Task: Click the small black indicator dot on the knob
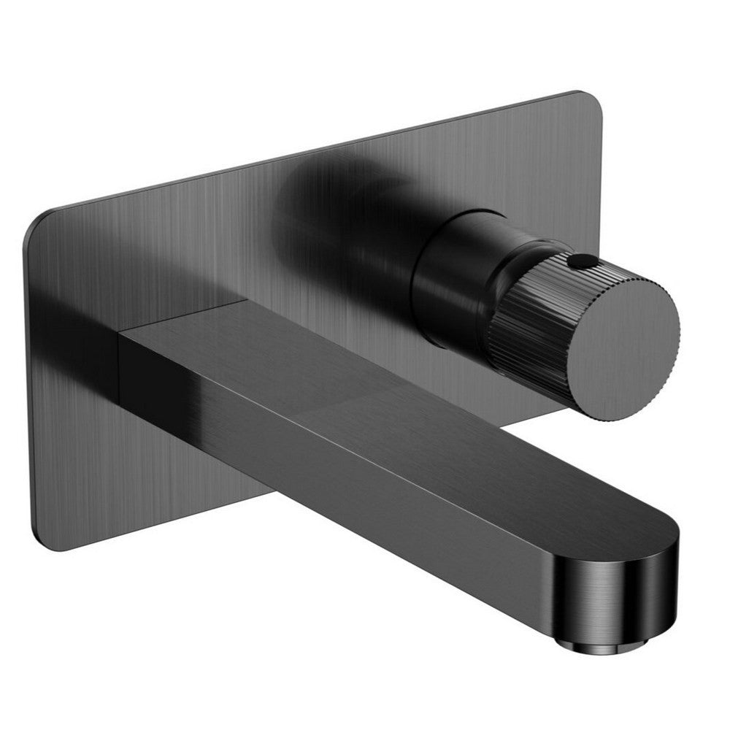click(x=581, y=259)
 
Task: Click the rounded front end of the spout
click(x=642, y=577)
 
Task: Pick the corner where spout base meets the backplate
click(x=120, y=332)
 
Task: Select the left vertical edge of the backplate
click(x=29, y=380)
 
